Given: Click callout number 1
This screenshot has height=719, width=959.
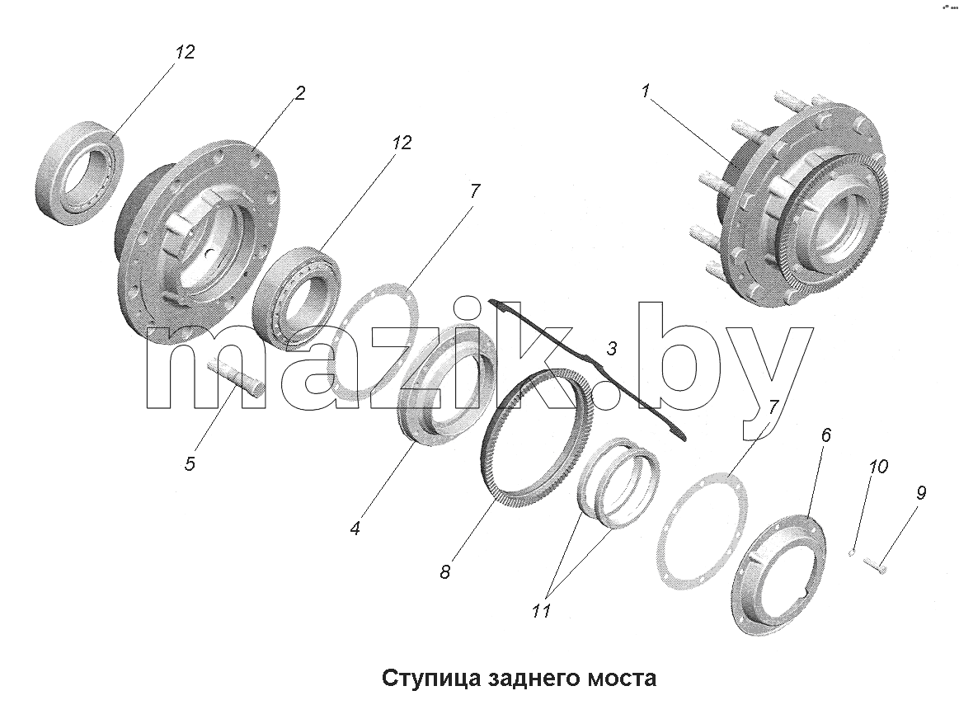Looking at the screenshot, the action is (646, 92).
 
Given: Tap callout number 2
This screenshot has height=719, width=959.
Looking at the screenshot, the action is (299, 93).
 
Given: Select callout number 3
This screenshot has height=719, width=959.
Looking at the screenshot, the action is (611, 349).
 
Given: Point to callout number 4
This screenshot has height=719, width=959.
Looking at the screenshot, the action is (355, 528).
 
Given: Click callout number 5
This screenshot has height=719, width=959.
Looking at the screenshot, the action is (190, 463).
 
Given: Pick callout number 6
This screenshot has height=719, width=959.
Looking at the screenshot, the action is (825, 435).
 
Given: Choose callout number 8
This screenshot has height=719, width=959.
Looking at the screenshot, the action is (444, 571).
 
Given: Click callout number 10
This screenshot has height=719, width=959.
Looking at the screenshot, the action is (877, 468).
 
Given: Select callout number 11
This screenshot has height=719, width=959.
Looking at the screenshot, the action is (541, 610).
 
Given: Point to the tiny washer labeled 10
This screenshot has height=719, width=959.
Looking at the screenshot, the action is (851, 553).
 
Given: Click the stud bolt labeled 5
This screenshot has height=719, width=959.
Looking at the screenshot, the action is (237, 378).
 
